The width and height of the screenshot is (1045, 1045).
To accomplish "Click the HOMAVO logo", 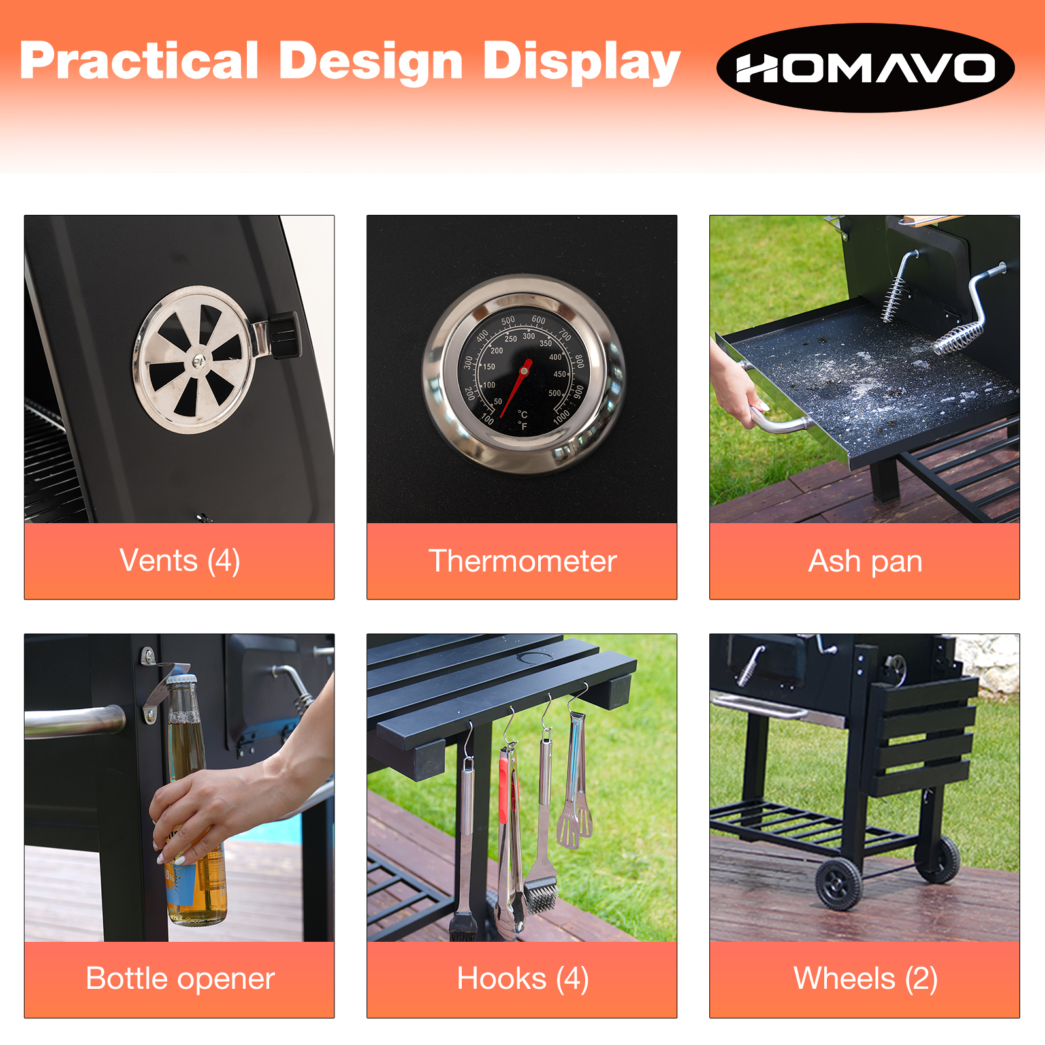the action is (x=865, y=68).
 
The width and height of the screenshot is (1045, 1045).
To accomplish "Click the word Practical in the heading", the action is (x=139, y=61).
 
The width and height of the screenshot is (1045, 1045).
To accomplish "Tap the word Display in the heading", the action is (x=581, y=63).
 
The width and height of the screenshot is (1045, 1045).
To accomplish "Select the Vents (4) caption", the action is (x=180, y=561).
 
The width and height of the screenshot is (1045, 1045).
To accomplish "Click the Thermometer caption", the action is (x=522, y=561).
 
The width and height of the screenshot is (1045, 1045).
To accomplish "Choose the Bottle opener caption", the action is (x=180, y=979).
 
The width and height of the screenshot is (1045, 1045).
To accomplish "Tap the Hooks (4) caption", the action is (x=522, y=979).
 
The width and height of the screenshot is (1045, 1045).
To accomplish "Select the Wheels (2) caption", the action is (x=865, y=979).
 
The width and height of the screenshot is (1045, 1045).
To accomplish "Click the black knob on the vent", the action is (x=285, y=335).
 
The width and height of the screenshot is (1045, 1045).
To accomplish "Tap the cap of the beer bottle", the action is (x=178, y=679).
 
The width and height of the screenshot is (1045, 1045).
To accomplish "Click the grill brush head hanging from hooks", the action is (x=541, y=895).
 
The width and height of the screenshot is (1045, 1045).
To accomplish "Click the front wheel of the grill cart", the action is (x=839, y=884).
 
